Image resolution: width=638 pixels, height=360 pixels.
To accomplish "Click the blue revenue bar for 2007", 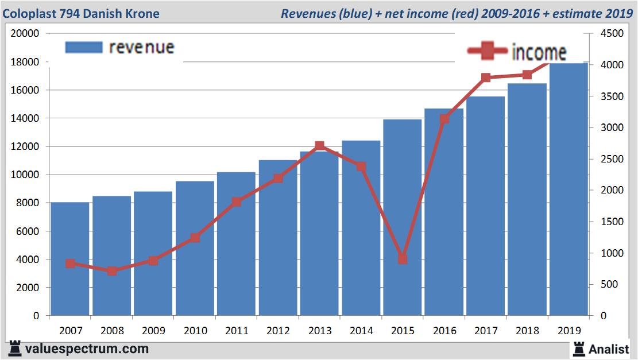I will tap(70, 258).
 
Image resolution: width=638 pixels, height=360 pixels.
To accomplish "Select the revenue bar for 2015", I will tap(402, 218).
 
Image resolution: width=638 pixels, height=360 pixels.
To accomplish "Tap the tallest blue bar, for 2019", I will tap(569, 189).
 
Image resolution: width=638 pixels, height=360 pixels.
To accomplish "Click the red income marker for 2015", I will tap(403, 259).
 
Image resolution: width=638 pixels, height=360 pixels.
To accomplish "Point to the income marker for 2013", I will tap(320, 146).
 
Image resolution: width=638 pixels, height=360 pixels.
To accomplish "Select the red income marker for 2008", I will tap(112, 270).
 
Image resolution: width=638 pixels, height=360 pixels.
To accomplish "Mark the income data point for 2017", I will tap(486, 78).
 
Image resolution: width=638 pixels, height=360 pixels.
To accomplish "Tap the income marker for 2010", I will tap(195, 238).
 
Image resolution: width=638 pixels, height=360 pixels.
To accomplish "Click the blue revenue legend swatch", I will tap(84, 47).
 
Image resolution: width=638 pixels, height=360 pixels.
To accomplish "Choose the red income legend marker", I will tap(488, 52).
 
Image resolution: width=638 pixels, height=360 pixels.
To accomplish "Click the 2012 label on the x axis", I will tap(278, 331).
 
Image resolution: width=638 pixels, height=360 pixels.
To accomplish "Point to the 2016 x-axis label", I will tap(444, 331).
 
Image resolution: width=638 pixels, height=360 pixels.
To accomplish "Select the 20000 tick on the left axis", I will tap(25, 33).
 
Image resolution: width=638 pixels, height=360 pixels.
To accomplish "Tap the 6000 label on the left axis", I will tap(27, 231).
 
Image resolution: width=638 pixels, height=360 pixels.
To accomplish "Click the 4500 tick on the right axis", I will tap(610, 34).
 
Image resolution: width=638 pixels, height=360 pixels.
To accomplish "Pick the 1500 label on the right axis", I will tap(610, 222).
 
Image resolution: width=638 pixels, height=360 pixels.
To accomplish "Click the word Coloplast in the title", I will tap(29, 13).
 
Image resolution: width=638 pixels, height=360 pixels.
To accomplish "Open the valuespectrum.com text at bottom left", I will tap(86, 349).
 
